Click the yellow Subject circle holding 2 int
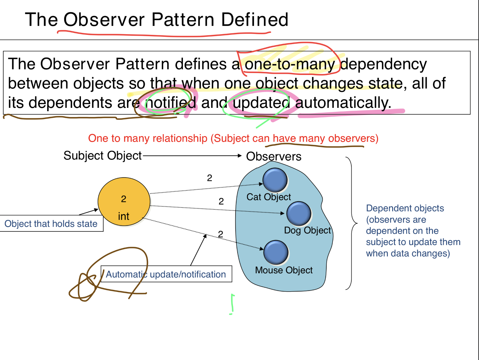[x=124, y=202]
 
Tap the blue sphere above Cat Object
[x=275, y=180]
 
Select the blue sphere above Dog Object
[x=299, y=214]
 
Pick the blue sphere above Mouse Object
[x=276, y=252]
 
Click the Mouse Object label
[x=284, y=270]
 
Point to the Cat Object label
[x=268, y=197]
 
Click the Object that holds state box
[x=51, y=224]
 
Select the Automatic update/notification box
[x=166, y=274]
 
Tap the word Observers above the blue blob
[x=274, y=156]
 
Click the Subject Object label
[x=102, y=156]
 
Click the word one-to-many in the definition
[x=290, y=64]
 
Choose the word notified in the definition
[x=171, y=103]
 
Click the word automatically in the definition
[x=343, y=103]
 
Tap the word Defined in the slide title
[x=255, y=20]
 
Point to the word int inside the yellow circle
[x=124, y=216]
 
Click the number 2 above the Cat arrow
[x=210, y=178]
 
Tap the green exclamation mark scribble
[x=232, y=304]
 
